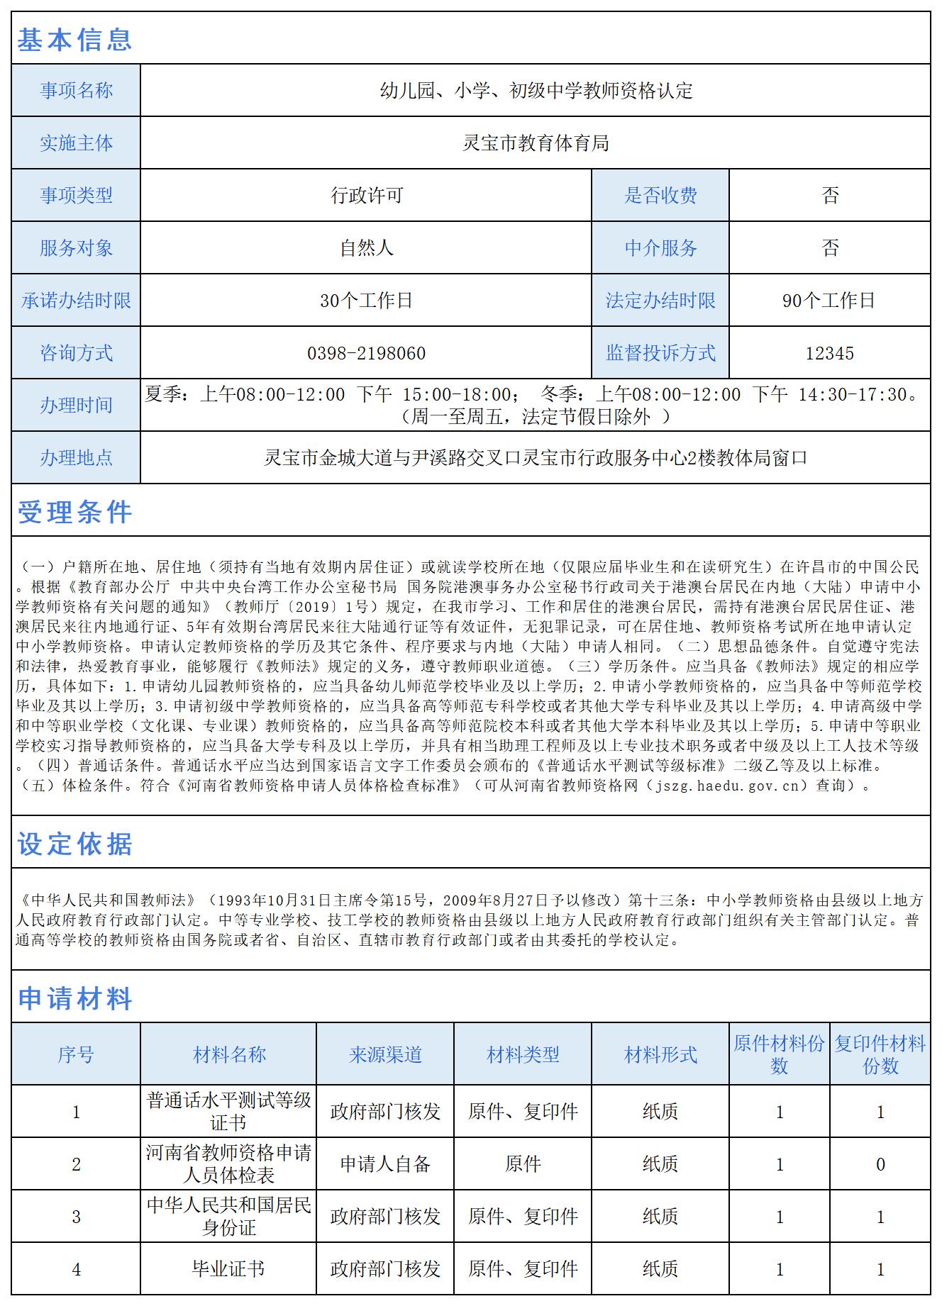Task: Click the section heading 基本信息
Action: coord(74,40)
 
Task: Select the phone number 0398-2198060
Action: coord(366,353)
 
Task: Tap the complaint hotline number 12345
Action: coord(829,353)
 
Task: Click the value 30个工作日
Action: coord(366,301)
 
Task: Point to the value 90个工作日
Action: coord(829,301)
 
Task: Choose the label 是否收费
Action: coord(660,196)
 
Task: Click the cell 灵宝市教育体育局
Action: coord(536,143)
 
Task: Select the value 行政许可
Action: coord(366,196)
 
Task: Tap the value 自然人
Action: coord(366,248)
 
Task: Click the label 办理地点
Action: coord(76,458)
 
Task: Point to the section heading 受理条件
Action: coord(74,512)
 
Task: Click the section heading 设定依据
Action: coord(74,844)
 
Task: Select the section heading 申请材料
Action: coord(74,998)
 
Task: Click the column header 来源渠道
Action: coord(385,1054)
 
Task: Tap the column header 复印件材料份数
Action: coord(880,1054)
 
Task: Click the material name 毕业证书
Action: coord(228,1268)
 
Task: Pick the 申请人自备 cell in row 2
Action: coord(385,1163)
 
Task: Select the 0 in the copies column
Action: coord(880,1163)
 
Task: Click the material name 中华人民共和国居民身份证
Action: coord(228,1216)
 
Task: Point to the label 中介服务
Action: coord(660,248)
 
